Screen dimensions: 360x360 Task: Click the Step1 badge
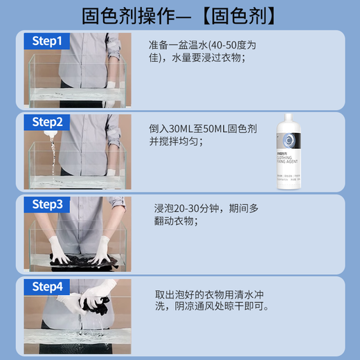(47, 41)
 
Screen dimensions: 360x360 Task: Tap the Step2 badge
(47, 123)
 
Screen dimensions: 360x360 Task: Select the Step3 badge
(47, 204)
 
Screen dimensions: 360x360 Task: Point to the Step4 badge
(47, 285)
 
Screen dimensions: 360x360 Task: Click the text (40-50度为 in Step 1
(224, 45)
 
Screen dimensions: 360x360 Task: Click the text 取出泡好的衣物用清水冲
(210, 291)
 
